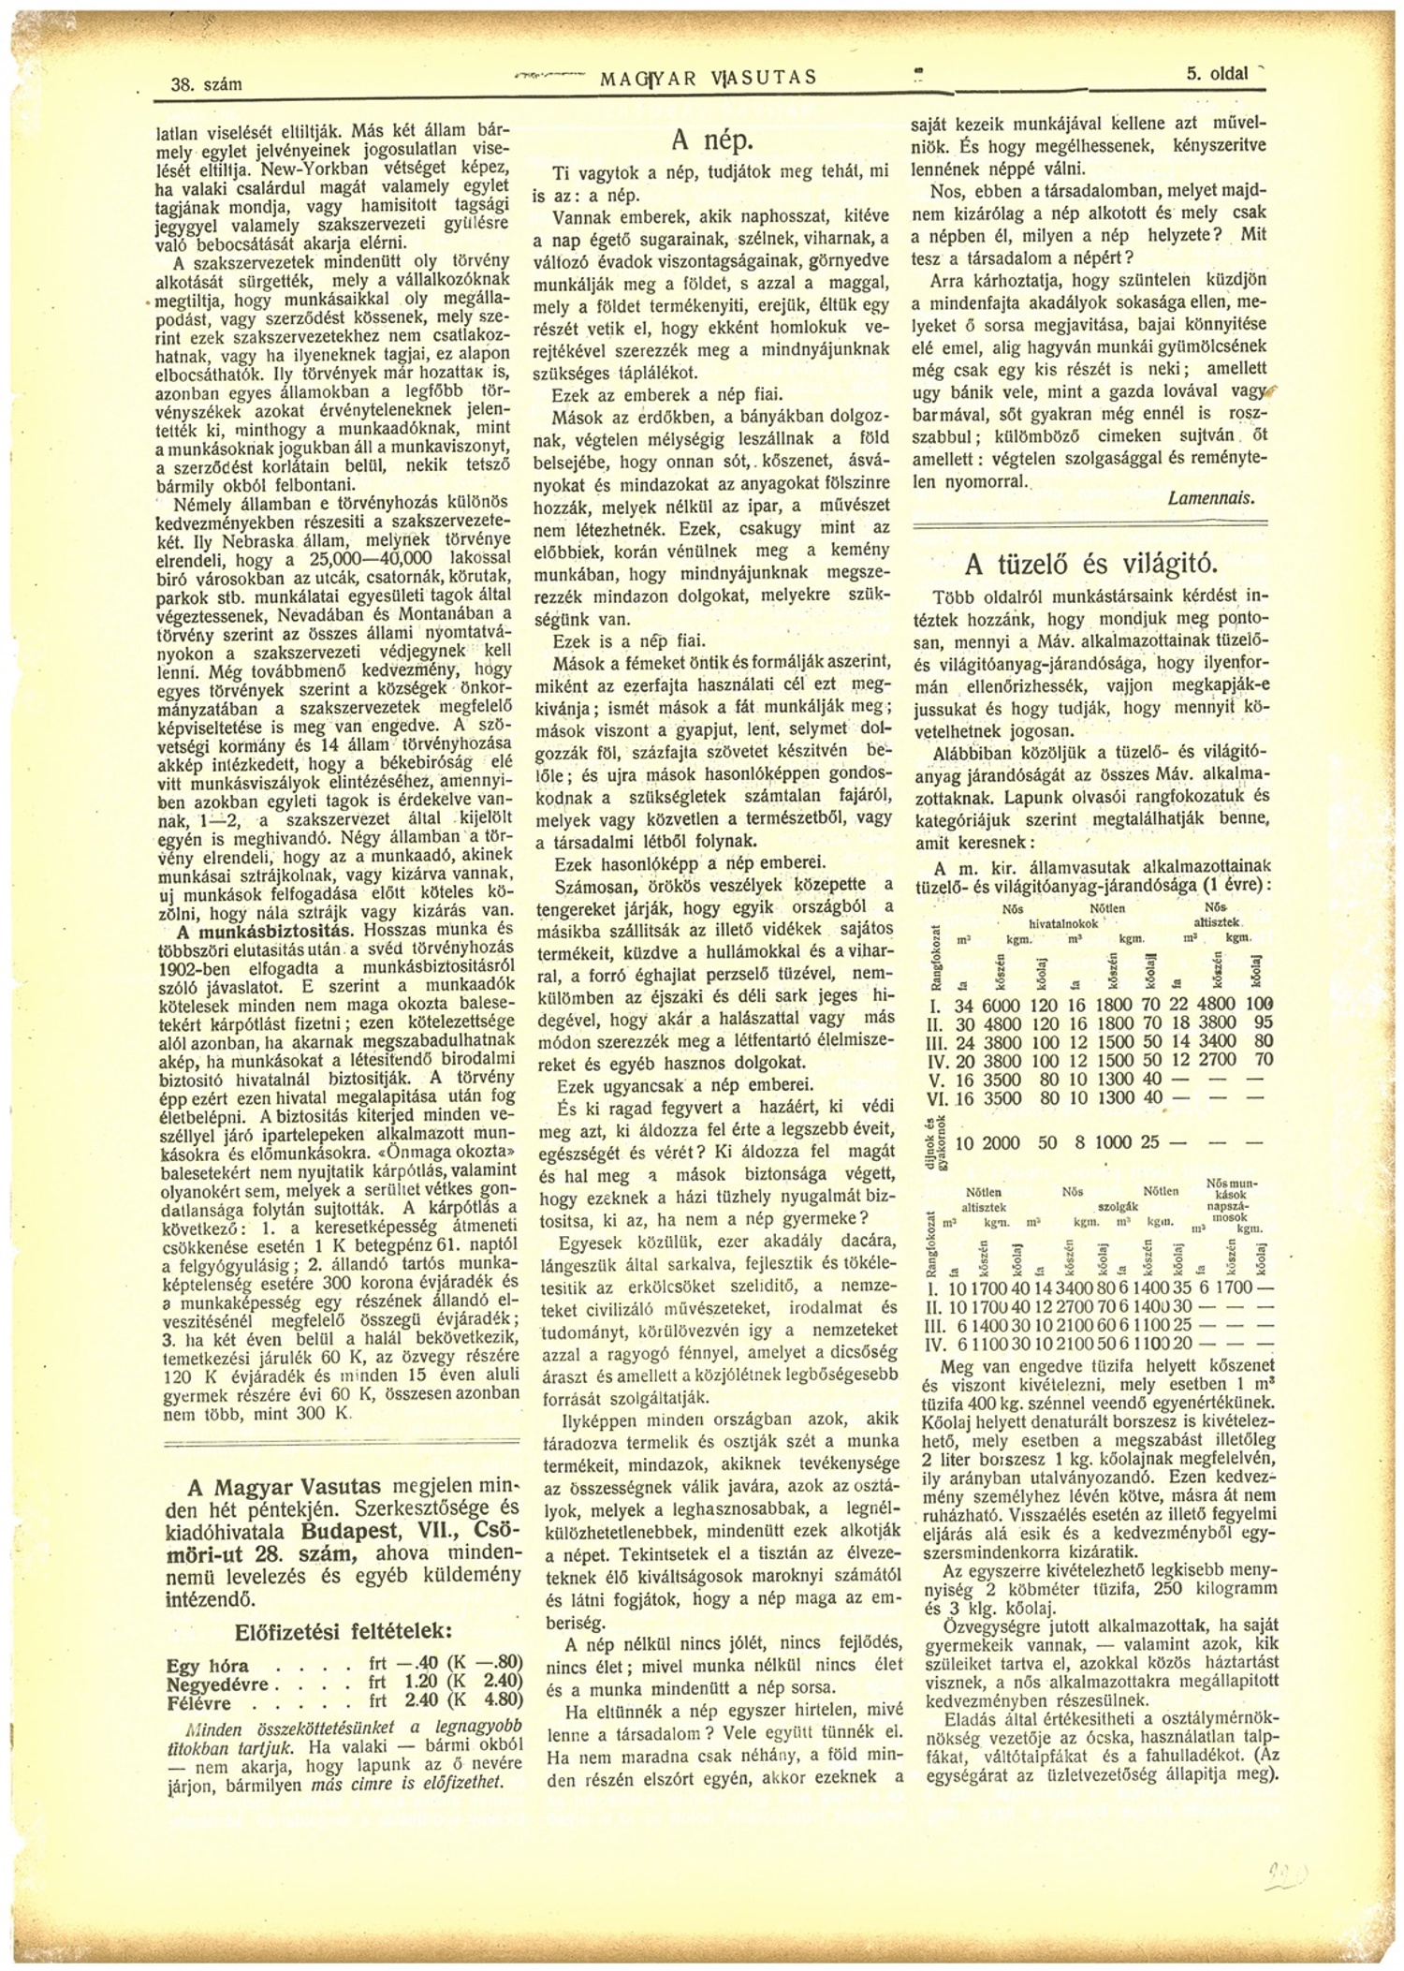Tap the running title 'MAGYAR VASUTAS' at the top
[x=709, y=78]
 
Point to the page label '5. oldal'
[x=1217, y=74]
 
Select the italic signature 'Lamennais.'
[x=1210, y=499]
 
